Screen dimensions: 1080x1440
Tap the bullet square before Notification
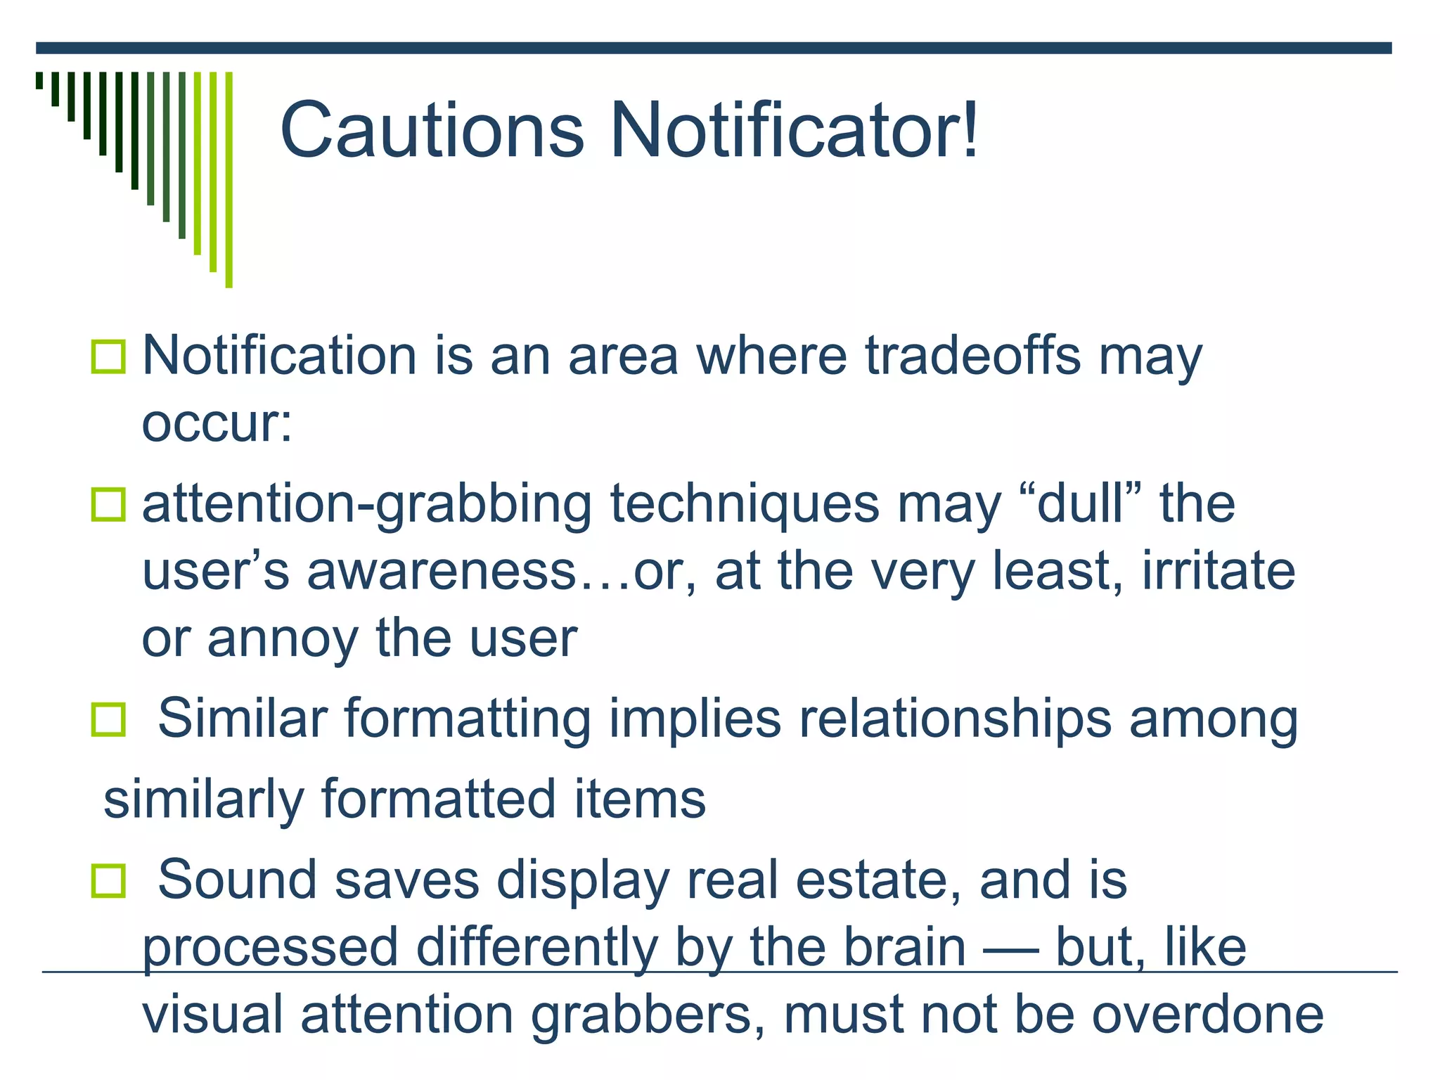(x=108, y=356)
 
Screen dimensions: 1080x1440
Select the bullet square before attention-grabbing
(x=108, y=505)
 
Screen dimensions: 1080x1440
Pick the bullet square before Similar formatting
(x=108, y=720)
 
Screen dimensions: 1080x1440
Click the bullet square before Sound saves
(x=108, y=881)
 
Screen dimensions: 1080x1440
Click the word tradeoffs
(x=972, y=355)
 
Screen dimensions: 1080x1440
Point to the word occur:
(x=217, y=424)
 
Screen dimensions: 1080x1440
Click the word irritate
(x=1218, y=570)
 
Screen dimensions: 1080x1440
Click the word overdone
(x=1207, y=1015)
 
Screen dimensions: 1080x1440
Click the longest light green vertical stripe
(x=229, y=179)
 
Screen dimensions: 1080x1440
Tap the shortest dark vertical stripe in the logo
(x=39, y=80)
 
